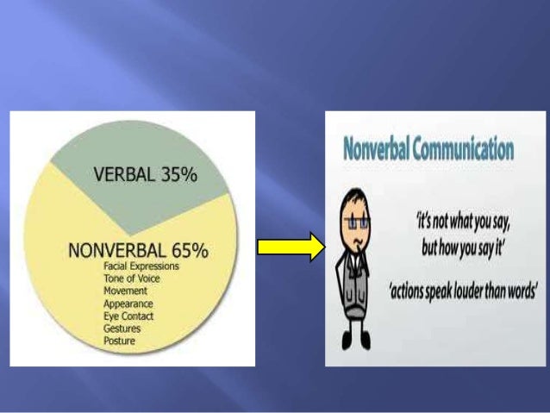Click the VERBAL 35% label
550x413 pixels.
145,176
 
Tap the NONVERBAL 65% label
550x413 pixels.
139,251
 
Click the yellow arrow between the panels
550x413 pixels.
291,248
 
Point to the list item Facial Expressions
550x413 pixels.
141,266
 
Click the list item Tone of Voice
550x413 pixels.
134,278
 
